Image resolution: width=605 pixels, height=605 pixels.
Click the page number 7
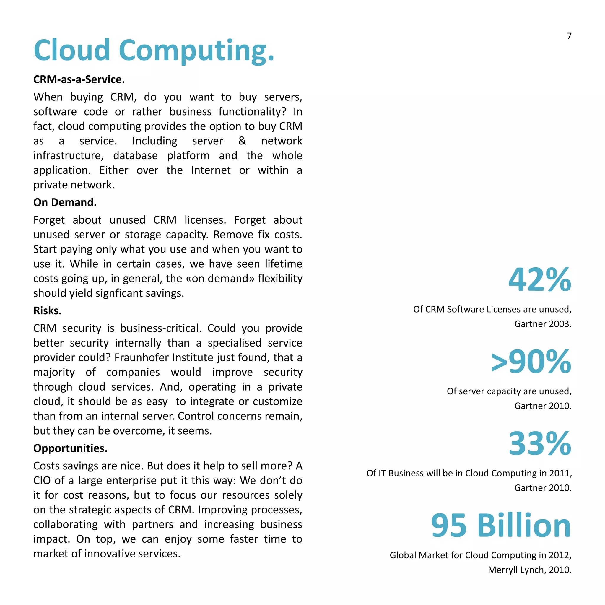click(x=569, y=36)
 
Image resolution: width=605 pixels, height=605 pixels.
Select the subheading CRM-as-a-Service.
click(x=79, y=79)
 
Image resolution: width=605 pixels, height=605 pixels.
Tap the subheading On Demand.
click(x=65, y=202)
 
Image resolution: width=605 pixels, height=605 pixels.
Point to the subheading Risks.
click(x=47, y=311)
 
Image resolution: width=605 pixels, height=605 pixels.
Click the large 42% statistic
click(x=539, y=279)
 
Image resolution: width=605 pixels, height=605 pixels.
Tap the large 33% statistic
click(x=539, y=443)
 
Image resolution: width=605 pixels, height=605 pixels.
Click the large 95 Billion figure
click(x=501, y=526)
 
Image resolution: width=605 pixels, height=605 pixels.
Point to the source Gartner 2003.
click(x=543, y=324)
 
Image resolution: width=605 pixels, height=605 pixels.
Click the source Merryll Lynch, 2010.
click(x=530, y=570)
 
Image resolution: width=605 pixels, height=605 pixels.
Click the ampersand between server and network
click(x=242, y=141)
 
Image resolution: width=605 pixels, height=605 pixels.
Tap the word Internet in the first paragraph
click(x=211, y=170)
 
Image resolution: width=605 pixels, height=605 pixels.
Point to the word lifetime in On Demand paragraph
click(x=283, y=264)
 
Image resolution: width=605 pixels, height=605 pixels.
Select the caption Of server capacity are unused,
click(x=509, y=391)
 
